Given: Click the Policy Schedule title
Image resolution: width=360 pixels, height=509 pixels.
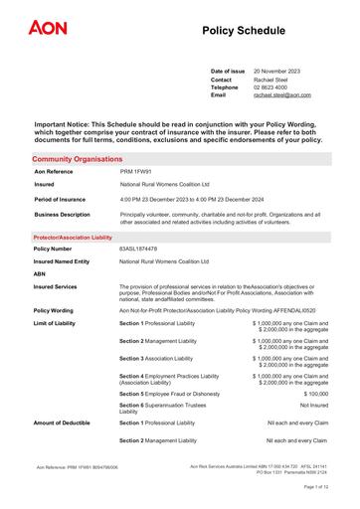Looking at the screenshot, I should [x=248, y=33].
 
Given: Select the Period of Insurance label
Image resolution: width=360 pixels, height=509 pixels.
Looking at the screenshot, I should [x=63, y=199].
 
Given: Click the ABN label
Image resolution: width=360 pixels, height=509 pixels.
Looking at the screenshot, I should [x=41, y=273].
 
